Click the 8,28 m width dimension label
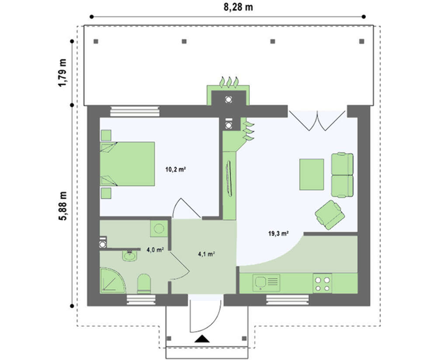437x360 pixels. coord(238,7)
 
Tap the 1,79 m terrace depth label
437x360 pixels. coord(62,73)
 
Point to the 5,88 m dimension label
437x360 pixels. coord(62,206)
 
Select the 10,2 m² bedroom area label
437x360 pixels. coord(176,169)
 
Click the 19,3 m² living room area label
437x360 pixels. coord(278,233)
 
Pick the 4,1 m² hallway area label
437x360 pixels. coord(206,254)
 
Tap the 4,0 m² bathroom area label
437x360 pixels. coord(155,250)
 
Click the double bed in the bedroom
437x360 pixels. coord(127,164)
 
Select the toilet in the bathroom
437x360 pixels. coord(144,283)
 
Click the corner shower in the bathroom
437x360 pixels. coord(110,280)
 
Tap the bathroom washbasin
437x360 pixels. coord(130,255)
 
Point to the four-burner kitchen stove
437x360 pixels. coord(323,283)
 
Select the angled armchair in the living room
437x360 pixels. coord(330,215)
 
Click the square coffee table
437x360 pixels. coord(312,175)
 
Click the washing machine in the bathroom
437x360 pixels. coord(159,229)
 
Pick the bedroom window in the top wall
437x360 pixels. coord(135,111)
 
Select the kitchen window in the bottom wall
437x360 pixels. coord(288,300)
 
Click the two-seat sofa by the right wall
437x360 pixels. coord(342,175)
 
